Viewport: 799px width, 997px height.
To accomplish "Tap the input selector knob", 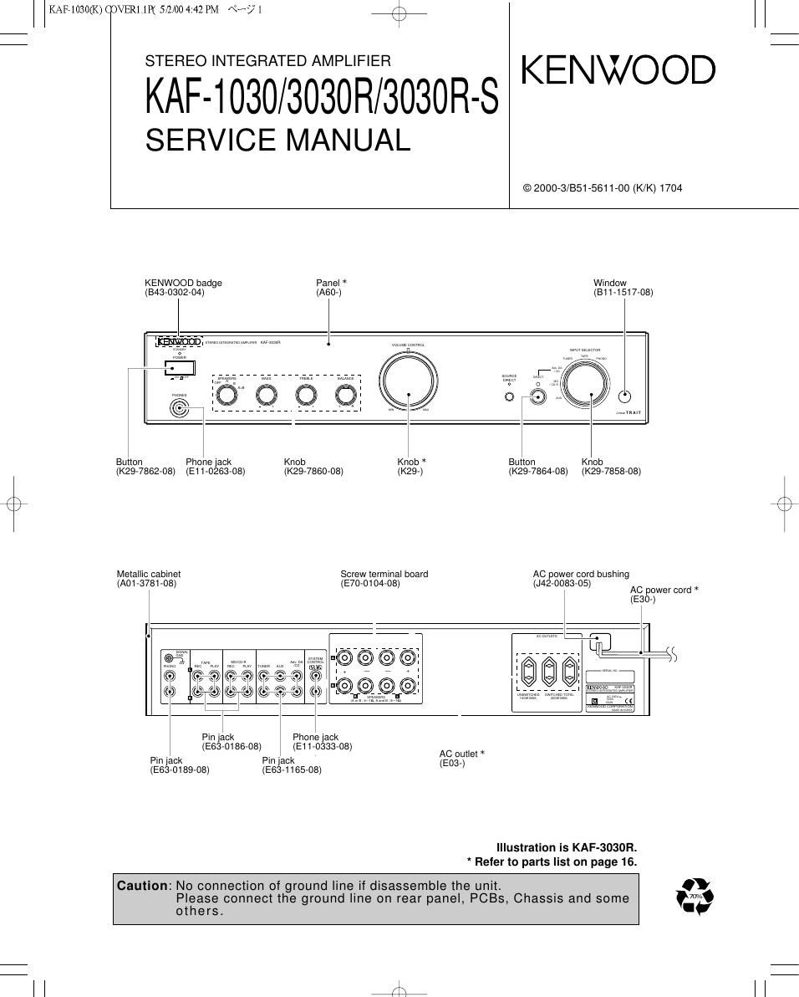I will (585, 384).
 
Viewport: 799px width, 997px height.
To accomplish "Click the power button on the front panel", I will (180, 369).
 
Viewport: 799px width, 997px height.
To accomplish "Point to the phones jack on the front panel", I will (179, 409).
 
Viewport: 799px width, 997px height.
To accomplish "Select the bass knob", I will (266, 396).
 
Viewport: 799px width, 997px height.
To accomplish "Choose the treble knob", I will (306, 396).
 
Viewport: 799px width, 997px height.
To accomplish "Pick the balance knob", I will (345, 396).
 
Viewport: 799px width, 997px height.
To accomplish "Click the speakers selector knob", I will (226, 396).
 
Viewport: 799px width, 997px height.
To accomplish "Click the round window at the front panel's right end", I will (626, 397).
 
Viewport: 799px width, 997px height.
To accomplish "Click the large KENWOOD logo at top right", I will (618, 70).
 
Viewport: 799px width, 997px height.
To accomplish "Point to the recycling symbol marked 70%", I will (695, 897).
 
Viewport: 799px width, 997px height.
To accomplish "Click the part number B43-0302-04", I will (175, 293).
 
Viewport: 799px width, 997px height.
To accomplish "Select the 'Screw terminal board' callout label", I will (384, 575).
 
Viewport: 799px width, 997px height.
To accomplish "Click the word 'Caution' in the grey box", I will (143, 886).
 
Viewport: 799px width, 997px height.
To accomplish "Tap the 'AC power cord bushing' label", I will (581, 575).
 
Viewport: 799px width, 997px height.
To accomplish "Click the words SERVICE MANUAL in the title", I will (277, 140).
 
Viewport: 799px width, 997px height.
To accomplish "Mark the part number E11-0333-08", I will (323, 747).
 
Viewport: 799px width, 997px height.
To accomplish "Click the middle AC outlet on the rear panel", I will (547, 671).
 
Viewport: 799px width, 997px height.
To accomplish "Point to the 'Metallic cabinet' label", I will (149, 575).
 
